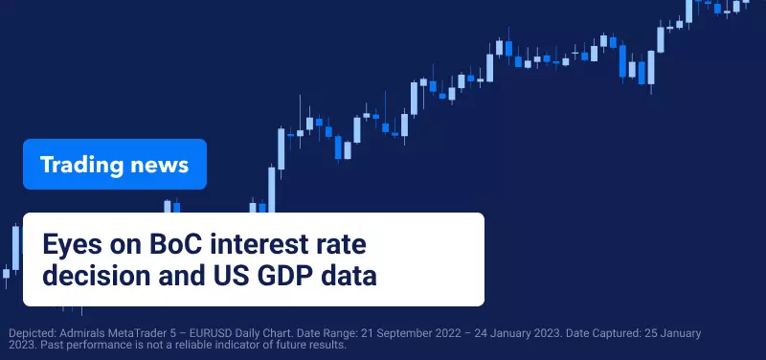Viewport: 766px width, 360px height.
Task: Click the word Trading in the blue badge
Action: [x=81, y=166]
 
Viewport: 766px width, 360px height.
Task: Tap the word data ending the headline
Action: [x=349, y=276]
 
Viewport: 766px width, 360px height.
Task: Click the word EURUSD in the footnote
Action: [x=212, y=333]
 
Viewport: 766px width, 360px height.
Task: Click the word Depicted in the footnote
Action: [x=33, y=334]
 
